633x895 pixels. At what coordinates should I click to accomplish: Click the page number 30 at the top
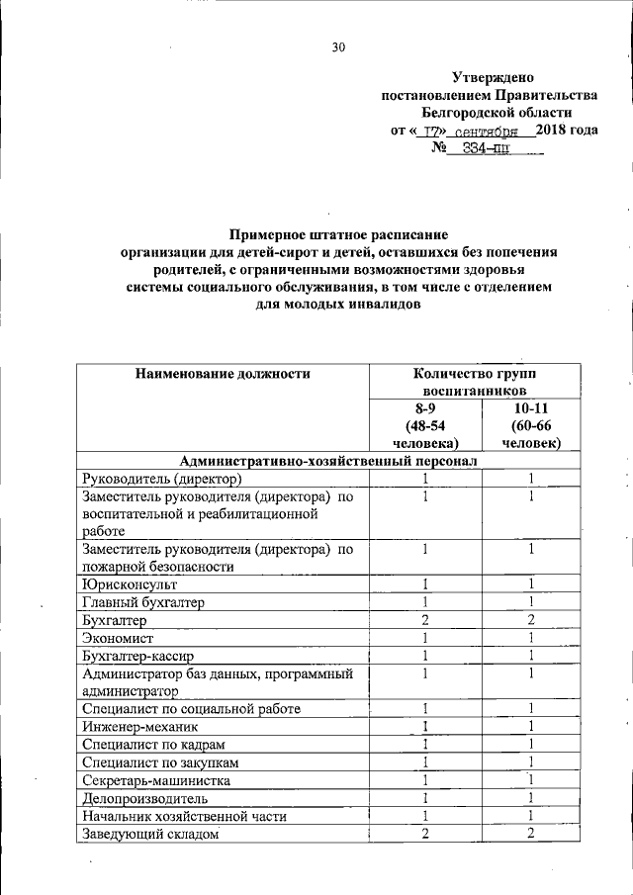point(339,46)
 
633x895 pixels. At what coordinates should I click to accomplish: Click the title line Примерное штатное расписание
point(338,234)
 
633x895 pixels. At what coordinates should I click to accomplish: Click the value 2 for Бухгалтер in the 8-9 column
point(424,620)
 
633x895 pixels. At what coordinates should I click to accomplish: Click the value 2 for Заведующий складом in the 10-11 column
point(531,834)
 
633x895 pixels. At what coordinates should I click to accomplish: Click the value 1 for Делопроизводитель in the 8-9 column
point(424,798)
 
